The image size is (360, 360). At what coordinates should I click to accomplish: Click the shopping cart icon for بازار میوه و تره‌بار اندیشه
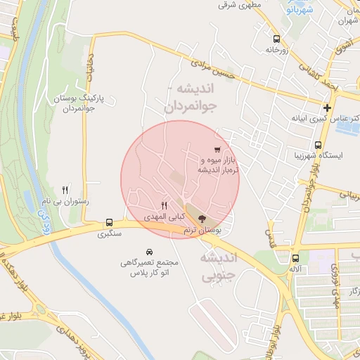tap(218, 149)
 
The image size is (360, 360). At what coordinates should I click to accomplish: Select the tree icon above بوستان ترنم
tap(202, 219)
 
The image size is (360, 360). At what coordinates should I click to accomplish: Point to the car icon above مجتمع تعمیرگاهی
tap(150, 251)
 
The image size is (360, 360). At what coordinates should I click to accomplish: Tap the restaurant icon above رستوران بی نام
tap(65, 189)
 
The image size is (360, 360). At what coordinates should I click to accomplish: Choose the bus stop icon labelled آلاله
tap(295, 257)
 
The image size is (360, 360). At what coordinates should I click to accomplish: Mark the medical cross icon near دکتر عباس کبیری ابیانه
tap(327, 108)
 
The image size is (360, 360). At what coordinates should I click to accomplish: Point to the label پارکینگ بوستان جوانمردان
tap(69, 103)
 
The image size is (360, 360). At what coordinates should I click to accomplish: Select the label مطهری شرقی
tap(239, 5)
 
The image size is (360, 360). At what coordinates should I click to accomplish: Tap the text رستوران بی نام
tap(64, 201)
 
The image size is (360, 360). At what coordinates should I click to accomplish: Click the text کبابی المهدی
tap(163, 217)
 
